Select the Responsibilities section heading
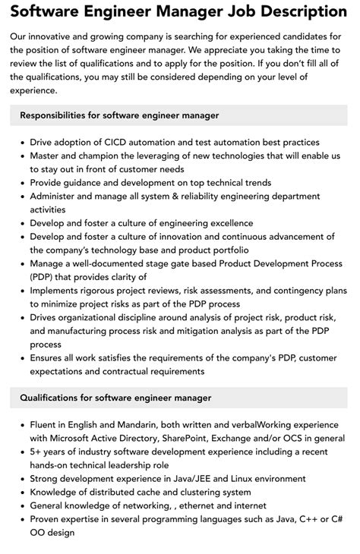point(119,115)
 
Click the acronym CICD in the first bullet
point(116,142)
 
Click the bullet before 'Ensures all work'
point(22,358)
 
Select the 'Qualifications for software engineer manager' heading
point(115,398)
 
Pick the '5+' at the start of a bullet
point(36,452)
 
